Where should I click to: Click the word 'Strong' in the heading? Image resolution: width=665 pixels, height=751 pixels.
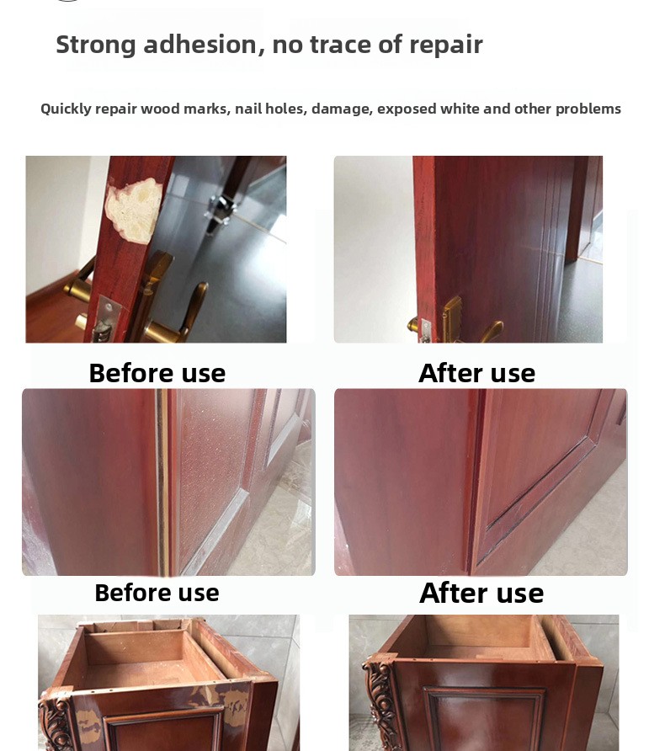(x=96, y=45)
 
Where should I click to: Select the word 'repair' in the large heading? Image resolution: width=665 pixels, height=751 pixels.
(x=445, y=45)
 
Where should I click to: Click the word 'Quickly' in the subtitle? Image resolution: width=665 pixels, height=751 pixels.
(x=66, y=109)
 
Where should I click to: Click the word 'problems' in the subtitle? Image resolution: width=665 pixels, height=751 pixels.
(x=588, y=109)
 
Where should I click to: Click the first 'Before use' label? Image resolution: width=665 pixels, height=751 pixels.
(x=157, y=373)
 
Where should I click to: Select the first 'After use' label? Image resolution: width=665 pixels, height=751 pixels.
(x=476, y=373)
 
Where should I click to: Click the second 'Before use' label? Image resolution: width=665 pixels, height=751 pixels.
(x=157, y=593)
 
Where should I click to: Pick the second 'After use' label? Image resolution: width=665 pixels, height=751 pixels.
(x=481, y=593)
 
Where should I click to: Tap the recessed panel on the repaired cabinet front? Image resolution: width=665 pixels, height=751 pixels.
(x=483, y=719)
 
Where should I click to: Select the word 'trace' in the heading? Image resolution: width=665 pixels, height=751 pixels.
(x=340, y=45)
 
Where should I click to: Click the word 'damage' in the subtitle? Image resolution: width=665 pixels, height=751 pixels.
(x=342, y=109)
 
